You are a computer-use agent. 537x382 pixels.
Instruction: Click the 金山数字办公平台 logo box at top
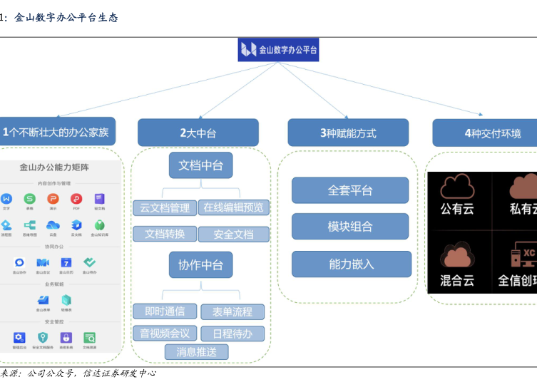pos(279,49)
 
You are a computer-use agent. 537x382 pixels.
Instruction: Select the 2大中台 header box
pos(198,133)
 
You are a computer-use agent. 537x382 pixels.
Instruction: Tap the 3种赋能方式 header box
pos(348,133)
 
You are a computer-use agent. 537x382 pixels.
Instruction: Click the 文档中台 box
pos(200,165)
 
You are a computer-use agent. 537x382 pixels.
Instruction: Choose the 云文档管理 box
pos(165,207)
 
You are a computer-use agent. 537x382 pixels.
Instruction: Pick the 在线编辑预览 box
pos(233,207)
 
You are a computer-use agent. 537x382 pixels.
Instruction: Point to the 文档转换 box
pos(165,234)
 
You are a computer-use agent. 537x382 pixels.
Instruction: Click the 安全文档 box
pos(233,234)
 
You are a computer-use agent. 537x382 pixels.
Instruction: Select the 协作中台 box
pos(200,265)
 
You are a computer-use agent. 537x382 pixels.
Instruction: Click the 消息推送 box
pos(196,351)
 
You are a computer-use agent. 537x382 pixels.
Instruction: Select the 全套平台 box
pos(350,190)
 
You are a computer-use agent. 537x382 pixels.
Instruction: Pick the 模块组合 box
pos(350,227)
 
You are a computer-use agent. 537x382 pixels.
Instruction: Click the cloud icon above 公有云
pos(457,187)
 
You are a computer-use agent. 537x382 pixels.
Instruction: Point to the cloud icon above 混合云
pos(457,255)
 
